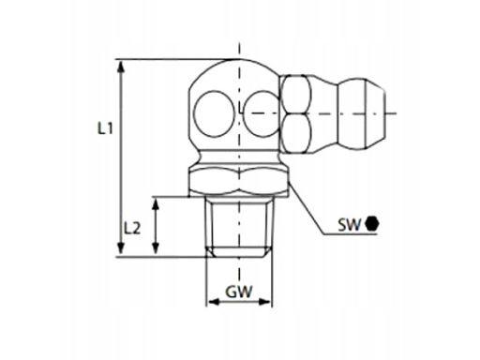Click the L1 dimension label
point(105,128)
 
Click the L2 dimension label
point(132,229)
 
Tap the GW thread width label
point(239,292)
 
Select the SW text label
point(349,224)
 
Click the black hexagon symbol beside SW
point(372,224)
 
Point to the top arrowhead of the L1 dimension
point(121,67)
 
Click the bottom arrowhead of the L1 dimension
point(121,248)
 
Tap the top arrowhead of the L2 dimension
point(156,204)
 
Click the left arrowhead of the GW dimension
point(214,302)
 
